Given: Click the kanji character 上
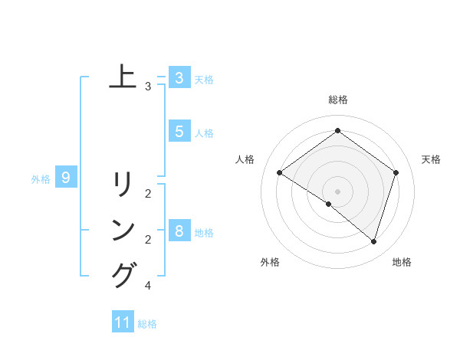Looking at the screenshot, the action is [x=123, y=77].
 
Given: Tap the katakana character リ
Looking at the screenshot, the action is [x=123, y=184].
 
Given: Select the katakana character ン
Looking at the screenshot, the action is [x=123, y=230].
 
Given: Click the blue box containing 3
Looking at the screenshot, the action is [x=179, y=78].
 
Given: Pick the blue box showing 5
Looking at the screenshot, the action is [x=179, y=132].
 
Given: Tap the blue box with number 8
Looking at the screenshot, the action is [x=179, y=231].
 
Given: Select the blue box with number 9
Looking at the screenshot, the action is [x=66, y=178].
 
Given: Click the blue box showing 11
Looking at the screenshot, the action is [x=123, y=322].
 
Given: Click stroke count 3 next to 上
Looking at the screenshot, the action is [x=148, y=87].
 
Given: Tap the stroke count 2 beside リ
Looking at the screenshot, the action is [x=148, y=194].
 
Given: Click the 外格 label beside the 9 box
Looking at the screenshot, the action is [x=41, y=179].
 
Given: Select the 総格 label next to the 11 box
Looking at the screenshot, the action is [x=147, y=324].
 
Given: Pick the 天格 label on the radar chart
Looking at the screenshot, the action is [x=431, y=159].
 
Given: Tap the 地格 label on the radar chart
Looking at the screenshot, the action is [x=402, y=262].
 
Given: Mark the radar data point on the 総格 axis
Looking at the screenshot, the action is [x=337, y=131].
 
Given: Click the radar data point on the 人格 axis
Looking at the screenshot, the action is [x=280, y=173].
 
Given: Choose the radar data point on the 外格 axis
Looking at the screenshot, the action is [x=329, y=204].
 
